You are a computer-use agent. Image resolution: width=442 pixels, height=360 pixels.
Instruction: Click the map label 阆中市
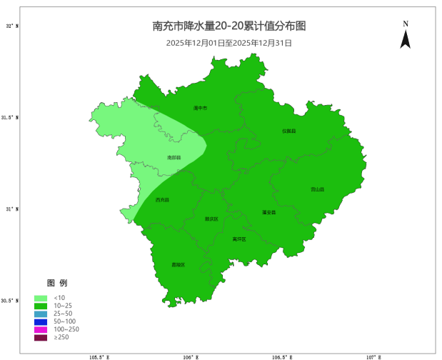[x=200, y=109]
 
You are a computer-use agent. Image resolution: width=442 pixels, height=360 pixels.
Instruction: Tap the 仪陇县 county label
[x=288, y=131]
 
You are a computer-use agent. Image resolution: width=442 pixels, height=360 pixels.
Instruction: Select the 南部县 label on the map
[x=174, y=157]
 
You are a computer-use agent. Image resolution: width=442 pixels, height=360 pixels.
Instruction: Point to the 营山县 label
[x=317, y=189]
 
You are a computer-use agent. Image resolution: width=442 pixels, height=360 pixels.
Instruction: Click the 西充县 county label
[x=163, y=200]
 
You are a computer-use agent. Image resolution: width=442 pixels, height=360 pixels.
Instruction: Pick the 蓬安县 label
[x=268, y=212]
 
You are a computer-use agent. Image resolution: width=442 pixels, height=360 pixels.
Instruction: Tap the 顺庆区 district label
[x=211, y=219]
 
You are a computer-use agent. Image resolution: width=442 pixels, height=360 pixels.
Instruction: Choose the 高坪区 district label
[x=238, y=239]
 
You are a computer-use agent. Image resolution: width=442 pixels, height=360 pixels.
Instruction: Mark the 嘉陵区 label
[x=178, y=265]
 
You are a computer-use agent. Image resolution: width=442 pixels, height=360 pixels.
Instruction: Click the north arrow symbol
[x=405, y=38]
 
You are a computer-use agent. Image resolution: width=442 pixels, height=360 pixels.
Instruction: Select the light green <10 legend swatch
[x=41, y=298]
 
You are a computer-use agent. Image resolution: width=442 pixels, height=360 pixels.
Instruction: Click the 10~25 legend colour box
[x=41, y=306]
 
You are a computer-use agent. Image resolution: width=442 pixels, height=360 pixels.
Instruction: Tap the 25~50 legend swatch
[x=41, y=314]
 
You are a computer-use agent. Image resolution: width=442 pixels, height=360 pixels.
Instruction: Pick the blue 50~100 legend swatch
[x=41, y=321]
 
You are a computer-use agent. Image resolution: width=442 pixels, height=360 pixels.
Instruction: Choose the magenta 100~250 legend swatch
[x=41, y=329]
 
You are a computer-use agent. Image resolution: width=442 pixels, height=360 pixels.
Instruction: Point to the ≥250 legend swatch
[x=41, y=337]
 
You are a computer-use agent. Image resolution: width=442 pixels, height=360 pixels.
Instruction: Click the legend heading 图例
[x=57, y=283]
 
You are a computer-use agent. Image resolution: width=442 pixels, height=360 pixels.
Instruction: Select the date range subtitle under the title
[x=229, y=43]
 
